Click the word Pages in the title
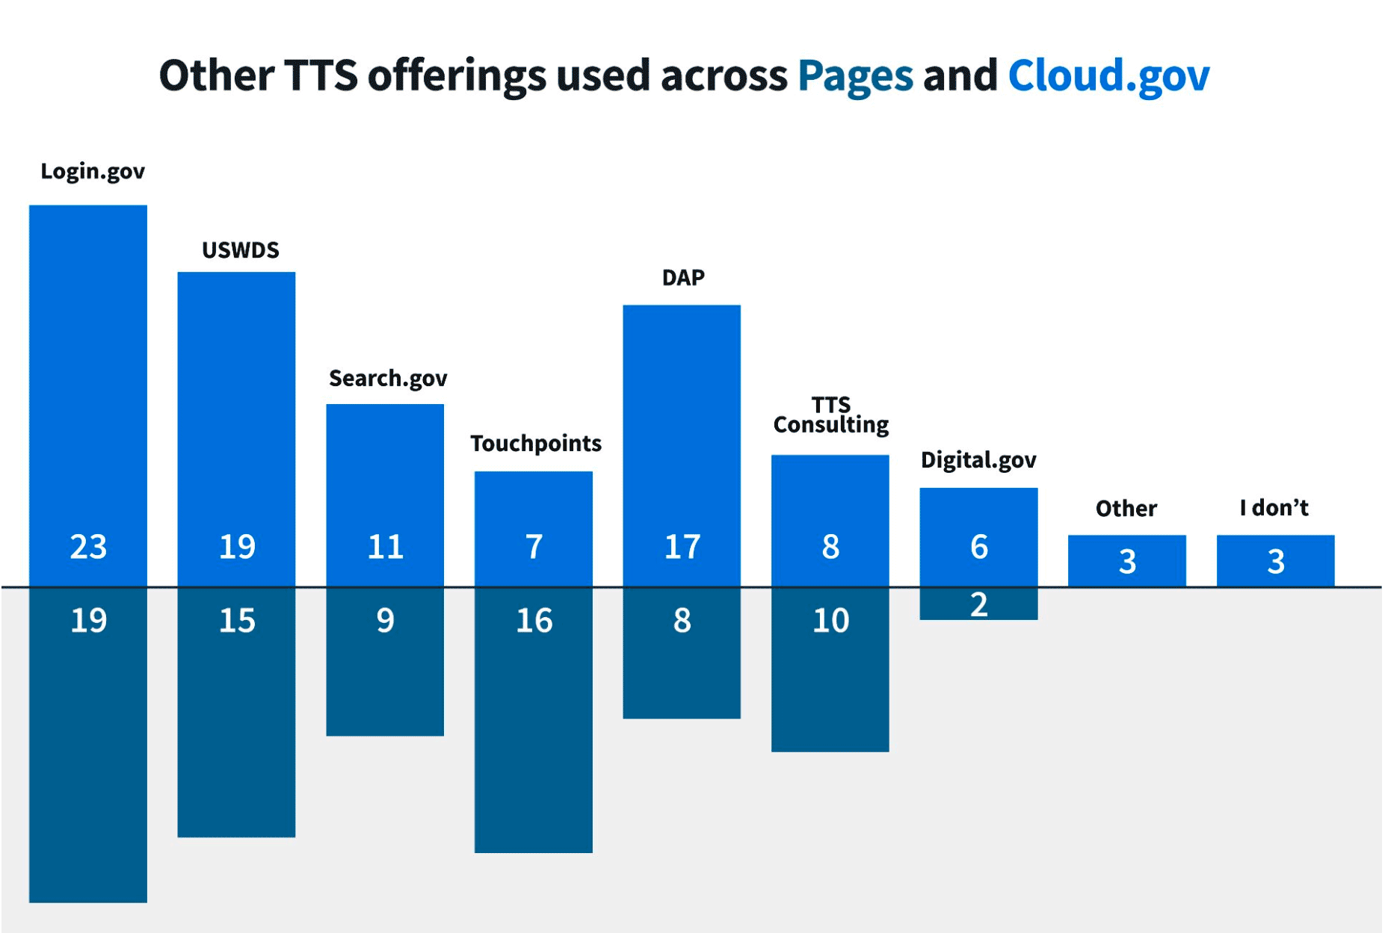pos(855,76)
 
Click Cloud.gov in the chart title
pos(1108,76)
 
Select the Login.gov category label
pos(93,172)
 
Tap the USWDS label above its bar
pos(241,250)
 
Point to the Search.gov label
pos(388,379)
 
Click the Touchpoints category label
pos(535,444)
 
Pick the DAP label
pos(683,278)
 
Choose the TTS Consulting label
pos(830,415)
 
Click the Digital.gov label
pos(978,460)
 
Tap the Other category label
pos(1126,509)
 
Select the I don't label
pos(1274,508)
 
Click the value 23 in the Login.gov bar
pos(88,547)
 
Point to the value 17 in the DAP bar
pos(682,547)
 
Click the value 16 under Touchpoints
pos(534,621)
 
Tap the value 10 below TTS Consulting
pos(830,621)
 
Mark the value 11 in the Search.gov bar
pos(385,547)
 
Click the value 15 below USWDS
pos(237,621)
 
